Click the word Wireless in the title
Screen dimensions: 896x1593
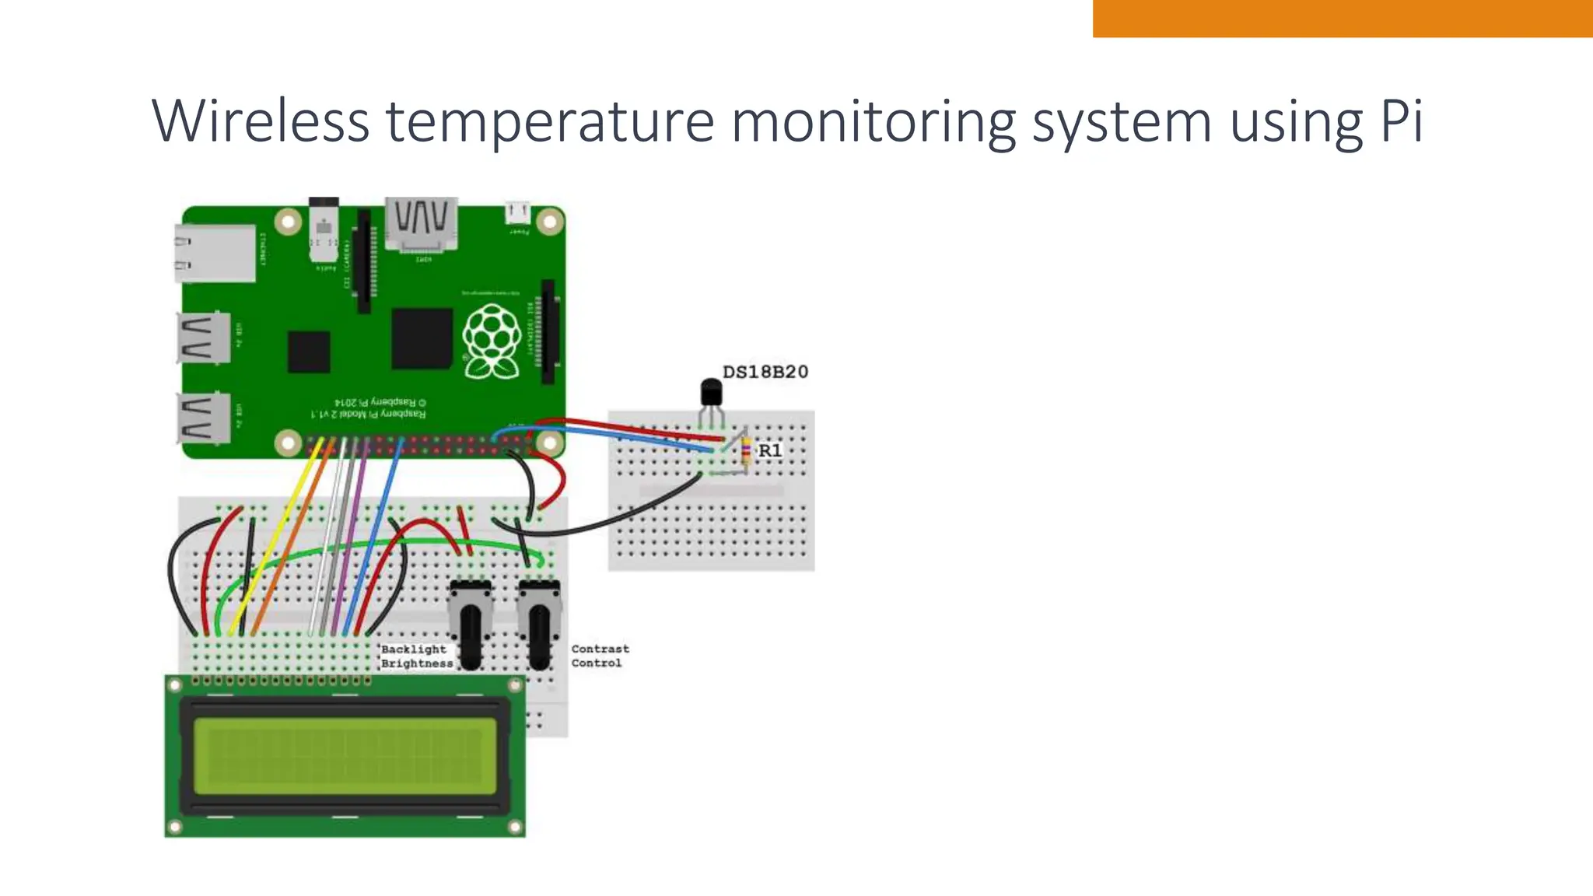click(261, 121)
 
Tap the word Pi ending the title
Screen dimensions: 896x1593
click(1401, 121)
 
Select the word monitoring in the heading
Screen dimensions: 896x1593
click(873, 123)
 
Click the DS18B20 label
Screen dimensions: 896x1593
click(765, 372)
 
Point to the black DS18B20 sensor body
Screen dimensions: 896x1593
click(711, 392)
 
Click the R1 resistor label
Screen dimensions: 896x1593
click(769, 450)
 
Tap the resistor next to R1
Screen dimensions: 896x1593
click(747, 451)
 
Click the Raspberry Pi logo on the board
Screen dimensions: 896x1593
click(491, 342)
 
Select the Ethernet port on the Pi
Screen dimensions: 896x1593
click(215, 253)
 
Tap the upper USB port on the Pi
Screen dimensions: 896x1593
click(204, 338)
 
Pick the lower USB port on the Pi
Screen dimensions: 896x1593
click(204, 418)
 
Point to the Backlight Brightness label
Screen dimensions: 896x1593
click(416, 656)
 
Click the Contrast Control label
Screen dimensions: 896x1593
click(600, 656)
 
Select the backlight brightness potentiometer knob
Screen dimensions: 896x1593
click(471, 634)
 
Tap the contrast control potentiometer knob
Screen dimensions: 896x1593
click(539, 634)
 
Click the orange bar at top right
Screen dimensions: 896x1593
click(1342, 18)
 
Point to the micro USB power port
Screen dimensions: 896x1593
click(517, 212)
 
